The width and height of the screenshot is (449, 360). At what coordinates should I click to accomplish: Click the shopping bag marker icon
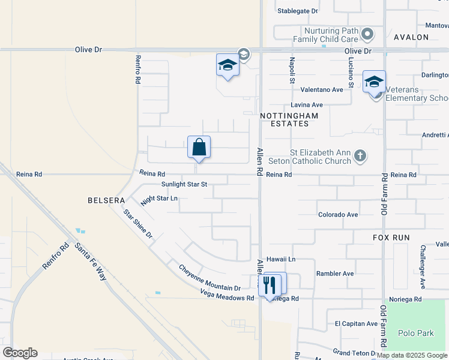(199, 147)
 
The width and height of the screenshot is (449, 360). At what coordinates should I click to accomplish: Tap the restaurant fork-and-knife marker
(269, 284)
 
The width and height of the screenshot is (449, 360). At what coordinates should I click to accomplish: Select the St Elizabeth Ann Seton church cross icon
(360, 156)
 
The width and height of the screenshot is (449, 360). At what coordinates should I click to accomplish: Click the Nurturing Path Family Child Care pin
(369, 34)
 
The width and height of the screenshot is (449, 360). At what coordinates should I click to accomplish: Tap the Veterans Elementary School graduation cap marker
(374, 82)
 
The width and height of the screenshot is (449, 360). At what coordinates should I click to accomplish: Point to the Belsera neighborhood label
(106, 200)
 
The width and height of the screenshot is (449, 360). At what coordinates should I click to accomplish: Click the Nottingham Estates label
(285, 119)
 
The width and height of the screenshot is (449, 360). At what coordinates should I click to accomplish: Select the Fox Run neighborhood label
(390, 238)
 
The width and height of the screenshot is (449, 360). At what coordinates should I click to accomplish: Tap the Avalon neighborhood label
(411, 37)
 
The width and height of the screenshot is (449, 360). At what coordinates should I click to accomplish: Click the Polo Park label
(415, 332)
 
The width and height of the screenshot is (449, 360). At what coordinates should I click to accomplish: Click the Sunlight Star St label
(184, 185)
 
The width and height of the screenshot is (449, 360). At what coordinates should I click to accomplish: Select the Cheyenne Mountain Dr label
(209, 278)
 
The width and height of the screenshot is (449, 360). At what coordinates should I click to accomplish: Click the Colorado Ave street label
(338, 214)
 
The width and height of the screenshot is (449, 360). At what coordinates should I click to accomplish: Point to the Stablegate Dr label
(297, 11)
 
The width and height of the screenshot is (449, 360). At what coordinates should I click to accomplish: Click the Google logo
(20, 353)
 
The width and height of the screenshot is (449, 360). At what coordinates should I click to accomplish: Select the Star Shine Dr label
(138, 223)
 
